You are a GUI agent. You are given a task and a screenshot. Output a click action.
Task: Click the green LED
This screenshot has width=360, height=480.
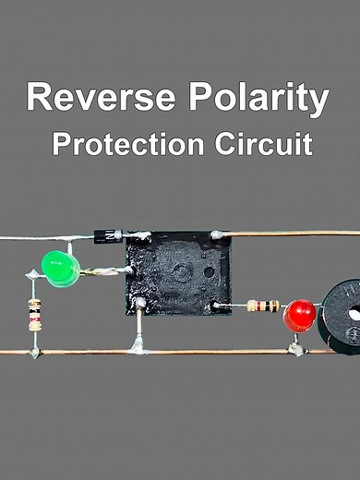61,268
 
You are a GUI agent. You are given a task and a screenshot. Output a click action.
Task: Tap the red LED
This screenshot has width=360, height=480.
300,316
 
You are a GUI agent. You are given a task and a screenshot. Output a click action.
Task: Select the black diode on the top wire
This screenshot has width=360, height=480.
108,237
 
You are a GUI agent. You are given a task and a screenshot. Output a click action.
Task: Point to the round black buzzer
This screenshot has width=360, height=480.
342,315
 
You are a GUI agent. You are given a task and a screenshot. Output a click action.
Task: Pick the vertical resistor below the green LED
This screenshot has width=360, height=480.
34,315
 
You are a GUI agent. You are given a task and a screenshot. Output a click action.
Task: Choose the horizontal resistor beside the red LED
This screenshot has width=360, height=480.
264,306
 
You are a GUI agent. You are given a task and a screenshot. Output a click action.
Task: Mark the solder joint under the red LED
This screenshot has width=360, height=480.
295,349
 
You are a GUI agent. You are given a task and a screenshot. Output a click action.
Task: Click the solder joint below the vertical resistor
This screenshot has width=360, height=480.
34,352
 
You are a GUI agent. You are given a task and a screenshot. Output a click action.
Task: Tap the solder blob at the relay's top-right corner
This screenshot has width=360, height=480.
218,235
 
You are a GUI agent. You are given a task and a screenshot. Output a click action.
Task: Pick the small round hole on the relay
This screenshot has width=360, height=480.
210,272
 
